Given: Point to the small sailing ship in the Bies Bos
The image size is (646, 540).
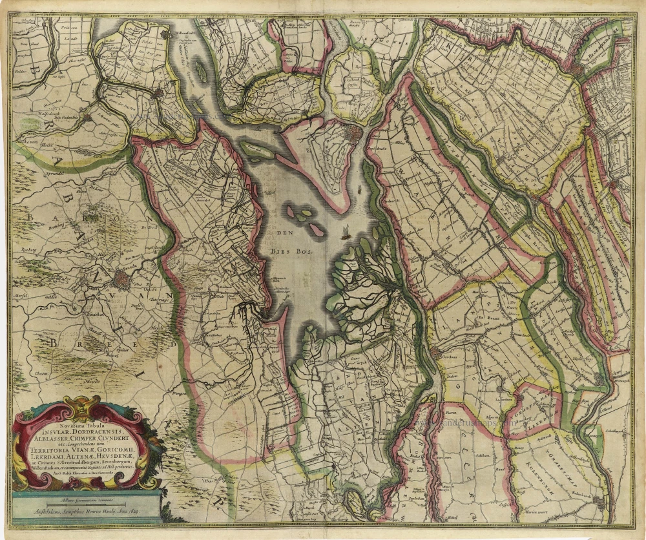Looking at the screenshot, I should pyautogui.click(x=345, y=231).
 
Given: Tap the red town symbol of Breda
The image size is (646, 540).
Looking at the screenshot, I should pyautogui.click(x=122, y=278).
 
